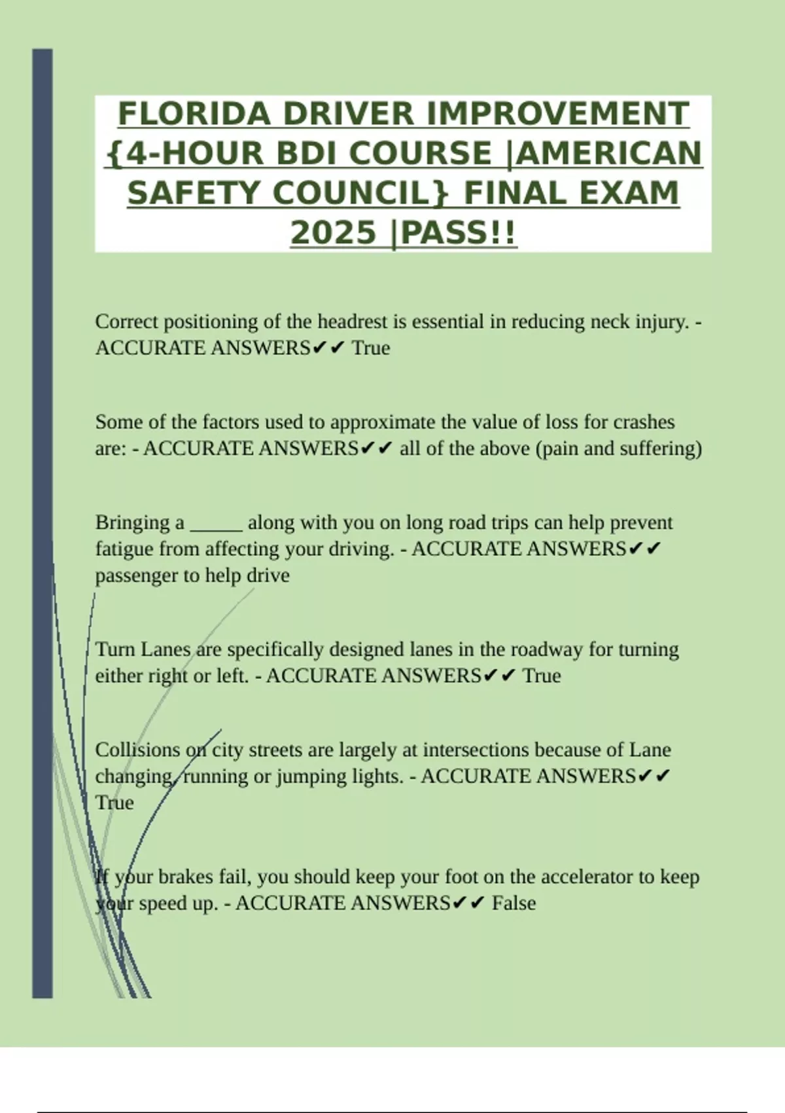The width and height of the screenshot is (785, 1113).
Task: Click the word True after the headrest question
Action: click(371, 348)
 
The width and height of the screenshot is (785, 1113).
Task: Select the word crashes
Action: click(644, 422)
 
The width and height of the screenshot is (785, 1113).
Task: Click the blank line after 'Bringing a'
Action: click(216, 523)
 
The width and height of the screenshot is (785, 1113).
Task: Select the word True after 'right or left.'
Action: click(542, 676)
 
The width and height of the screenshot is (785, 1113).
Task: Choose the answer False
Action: click(514, 903)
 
